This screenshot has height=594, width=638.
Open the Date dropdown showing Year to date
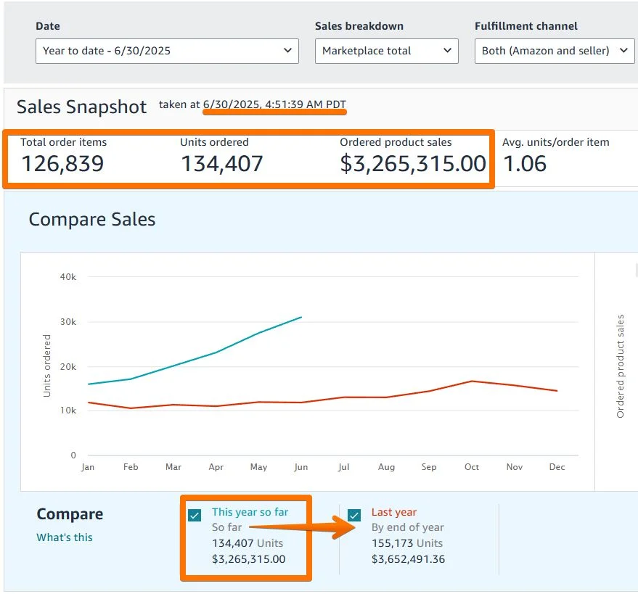coord(167,51)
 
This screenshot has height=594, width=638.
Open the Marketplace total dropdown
coord(386,51)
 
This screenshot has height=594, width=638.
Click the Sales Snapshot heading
coord(82,107)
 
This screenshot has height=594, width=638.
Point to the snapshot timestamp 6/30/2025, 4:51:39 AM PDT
coord(274,104)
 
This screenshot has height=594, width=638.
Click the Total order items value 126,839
coord(62,164)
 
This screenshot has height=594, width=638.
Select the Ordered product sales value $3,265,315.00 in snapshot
coord(412,164)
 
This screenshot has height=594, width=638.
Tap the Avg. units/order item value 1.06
coord(525,164)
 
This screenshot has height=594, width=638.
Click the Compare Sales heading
coord(92,220)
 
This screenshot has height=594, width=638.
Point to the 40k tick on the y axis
coord(68,276)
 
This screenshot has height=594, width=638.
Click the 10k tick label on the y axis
coord(68,411)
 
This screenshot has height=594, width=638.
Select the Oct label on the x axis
coord(472,467)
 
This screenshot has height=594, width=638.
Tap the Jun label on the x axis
coord(301,467)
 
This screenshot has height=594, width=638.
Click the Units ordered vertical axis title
coord(47,366)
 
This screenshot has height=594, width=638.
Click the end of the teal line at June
coord(301,317)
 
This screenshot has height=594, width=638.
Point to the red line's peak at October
coord(472,381)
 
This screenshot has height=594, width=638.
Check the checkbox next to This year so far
coord(195,515)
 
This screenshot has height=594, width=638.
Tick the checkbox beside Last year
coord(354,515)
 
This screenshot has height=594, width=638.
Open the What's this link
coord(65,537)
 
